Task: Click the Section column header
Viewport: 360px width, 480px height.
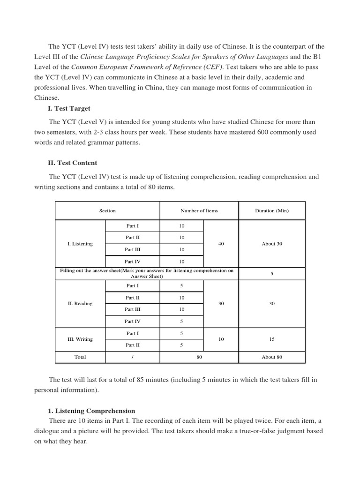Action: coord(107,210)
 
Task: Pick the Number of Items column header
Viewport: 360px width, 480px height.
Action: coord(199,210)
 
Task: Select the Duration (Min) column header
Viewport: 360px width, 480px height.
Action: coord(272,210)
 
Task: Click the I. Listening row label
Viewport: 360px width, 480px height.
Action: coord(80,244)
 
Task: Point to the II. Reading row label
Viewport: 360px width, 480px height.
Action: coord(80,303)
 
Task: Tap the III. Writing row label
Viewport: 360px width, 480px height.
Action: coord(80,339)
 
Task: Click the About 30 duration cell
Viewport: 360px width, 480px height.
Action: coord(272,244)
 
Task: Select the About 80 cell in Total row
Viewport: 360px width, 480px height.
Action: coord(272,357)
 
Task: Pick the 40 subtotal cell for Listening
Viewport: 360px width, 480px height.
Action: coord(221,244)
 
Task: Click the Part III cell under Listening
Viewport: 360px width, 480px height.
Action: coord(132,249)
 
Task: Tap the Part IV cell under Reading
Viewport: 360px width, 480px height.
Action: coord(132,321)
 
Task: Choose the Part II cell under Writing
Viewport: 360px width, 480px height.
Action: coord(132,345)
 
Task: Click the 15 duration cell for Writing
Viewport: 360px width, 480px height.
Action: coord(272,339)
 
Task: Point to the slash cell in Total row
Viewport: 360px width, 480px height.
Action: coord(132,357)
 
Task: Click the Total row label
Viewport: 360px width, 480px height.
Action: coord(80,357)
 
